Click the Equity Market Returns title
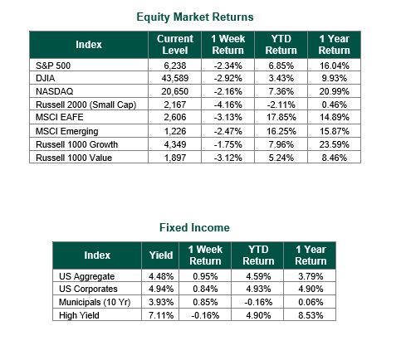(195, 17)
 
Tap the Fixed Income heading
(194, 227)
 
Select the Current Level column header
(175, 45)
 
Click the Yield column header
(161, 255)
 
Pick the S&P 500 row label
(53, 66)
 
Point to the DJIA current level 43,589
(175, 78)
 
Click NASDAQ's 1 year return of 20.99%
(335, 91)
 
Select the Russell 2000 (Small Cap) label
(86, 105)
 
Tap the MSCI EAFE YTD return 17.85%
(281, 117)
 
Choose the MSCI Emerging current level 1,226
(175, 131)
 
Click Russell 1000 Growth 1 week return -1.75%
(228, 144)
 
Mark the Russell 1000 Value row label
(74, 158)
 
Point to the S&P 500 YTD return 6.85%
(281, 66)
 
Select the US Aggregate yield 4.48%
(161, 276)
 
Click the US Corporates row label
(88, 289)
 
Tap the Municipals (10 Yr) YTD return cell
(258, 302)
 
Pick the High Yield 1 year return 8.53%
(311, 315)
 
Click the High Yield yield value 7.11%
(161, 315)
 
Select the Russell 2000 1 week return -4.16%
(228, 105)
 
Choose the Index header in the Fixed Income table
(97, 255)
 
